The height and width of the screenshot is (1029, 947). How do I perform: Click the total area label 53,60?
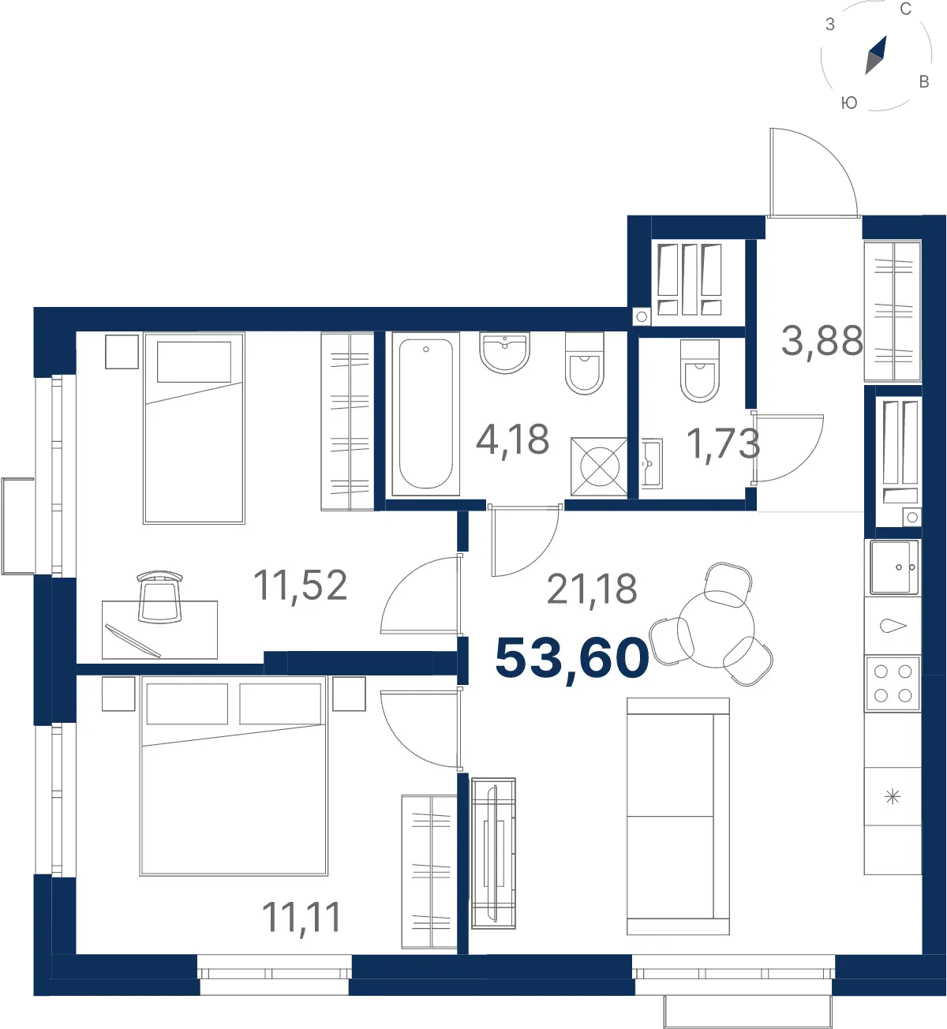572,659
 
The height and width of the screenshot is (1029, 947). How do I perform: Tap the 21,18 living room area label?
592,589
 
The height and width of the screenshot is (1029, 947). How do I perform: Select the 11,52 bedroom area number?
301,586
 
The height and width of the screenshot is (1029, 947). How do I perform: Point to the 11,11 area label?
301,917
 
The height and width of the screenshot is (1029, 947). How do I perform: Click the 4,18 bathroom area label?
512,440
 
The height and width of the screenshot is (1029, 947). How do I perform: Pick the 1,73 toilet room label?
723,444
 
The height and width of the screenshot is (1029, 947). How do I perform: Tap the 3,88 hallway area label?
822,342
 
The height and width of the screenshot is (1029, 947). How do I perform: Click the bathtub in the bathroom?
426,414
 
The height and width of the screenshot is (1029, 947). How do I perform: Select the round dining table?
716,630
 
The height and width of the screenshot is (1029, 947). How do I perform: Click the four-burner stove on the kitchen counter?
893,684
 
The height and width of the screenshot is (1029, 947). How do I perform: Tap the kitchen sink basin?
894,567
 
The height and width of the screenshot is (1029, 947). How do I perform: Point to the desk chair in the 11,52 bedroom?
160,597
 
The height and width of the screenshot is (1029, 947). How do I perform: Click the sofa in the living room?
678,816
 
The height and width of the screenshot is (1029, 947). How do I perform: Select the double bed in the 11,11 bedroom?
234,776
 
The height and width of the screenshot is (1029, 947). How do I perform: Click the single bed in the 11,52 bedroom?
194,428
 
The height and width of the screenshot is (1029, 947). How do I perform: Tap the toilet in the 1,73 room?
700,370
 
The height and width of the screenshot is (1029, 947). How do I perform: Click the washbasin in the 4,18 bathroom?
505,353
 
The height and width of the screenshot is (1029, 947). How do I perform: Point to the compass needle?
876,55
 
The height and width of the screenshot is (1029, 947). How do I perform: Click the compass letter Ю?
849,103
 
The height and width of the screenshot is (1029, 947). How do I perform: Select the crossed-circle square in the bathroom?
599,467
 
